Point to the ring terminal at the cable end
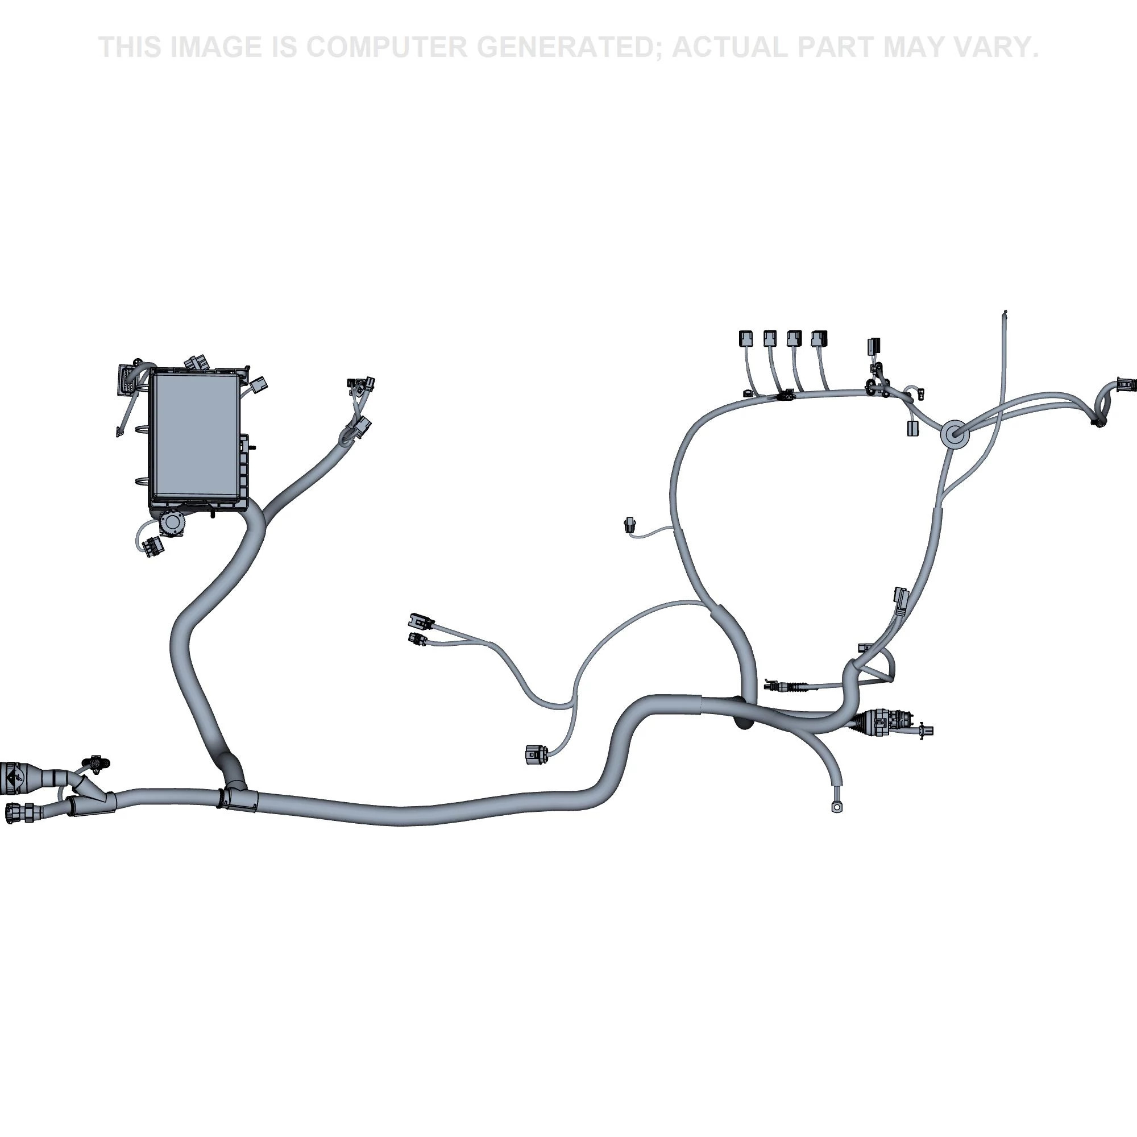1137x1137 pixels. coord(836,807)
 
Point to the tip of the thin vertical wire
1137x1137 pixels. coord(1006,312)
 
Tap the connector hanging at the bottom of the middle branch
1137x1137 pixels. coord(536,754)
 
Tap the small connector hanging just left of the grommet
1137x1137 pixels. coord(913,429)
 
